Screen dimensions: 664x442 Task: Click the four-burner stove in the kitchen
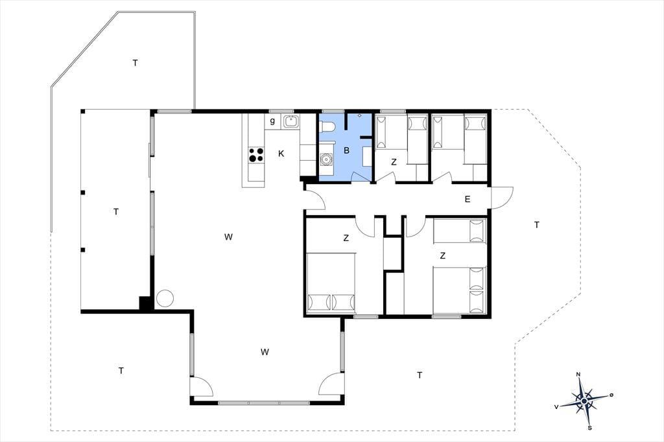pyautogui.click(x=256, y=154)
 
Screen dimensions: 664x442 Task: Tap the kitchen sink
pyautogui.click(x=291, y=121)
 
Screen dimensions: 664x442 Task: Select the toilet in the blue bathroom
pyautogui.click(x=327, y=126)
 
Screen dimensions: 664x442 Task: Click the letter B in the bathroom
pyautogui.click(x=346, y=150)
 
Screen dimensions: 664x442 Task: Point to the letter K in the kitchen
pyautogui.click(x=281, y=154)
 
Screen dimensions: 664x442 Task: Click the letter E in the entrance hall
pyautogui.click(x=468, y=199)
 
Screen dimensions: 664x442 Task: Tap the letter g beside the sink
pyautogui.click(x=272, y=121)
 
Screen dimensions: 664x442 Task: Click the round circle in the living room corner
pyautogui.click(x=165, y=299)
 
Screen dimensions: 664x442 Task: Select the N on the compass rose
pyautogui.click(x=578, y=374)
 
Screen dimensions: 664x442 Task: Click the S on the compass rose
pyautogui.click(x=589, y=428)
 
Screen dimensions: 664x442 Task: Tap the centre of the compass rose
pyautogui.click(x=584, y=401)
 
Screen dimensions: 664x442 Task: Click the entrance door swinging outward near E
pyautogui.click(x=501, y=197)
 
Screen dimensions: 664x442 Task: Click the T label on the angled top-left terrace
pyautogui.click(x=135, y=63)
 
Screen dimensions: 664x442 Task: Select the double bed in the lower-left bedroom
pyautogui.click(x=330, y=283)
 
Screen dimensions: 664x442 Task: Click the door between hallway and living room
pyautogui.click(x=314, y=198)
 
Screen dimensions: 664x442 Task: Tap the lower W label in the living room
pyautogui.click(x=265, y=352)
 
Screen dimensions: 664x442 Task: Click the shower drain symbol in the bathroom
pyautogui.click(x=360, y=115)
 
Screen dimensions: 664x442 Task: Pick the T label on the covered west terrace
pyautogui.click(x=116, y=212)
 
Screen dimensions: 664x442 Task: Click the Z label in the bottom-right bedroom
pyautogui.click(x=443, y=255)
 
